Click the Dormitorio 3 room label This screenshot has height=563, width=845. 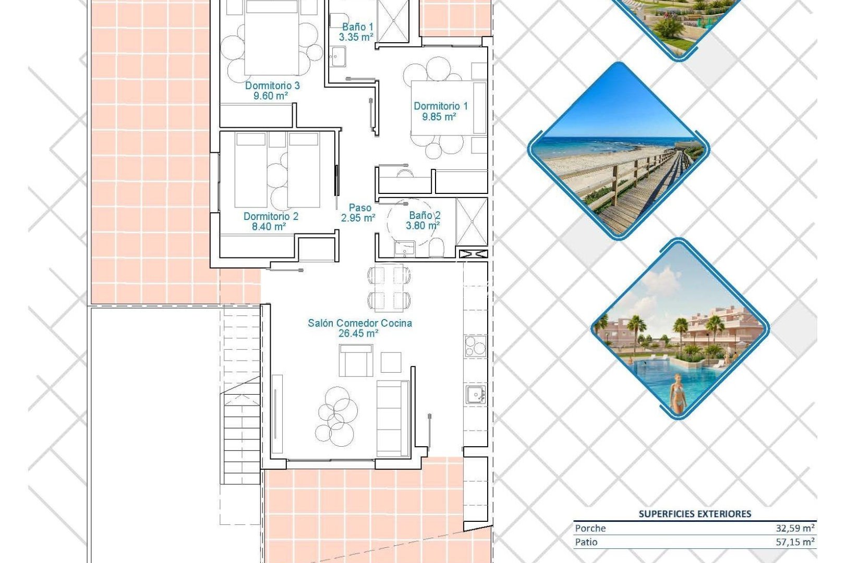[x=272, y=85]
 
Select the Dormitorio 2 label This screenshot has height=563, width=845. [x=271, y=216]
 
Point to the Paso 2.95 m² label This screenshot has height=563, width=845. [x=359, y=213]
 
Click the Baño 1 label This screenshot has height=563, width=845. [x=357, y=27]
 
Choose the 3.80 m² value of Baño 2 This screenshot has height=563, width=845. [x=422, y=226]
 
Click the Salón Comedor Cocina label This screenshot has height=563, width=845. [x=359, y=323]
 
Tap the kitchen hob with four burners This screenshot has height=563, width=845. [x=475, y=346]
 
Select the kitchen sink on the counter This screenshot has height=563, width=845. [x=475, y=395]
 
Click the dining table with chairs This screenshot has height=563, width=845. [x=389, y=288]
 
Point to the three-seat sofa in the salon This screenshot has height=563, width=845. [x=392, y=418]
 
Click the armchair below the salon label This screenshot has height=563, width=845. [x=356, y=361]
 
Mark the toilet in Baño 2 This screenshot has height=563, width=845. [x=437, y=249]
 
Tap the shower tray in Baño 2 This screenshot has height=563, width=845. [x=472, y=222]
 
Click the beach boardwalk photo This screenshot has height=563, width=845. [x=619, y=151]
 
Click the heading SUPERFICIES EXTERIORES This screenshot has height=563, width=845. [x=695, y=514]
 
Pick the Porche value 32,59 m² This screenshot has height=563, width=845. [x=794, y=528]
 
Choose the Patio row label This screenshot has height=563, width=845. [x=586, y=542]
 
